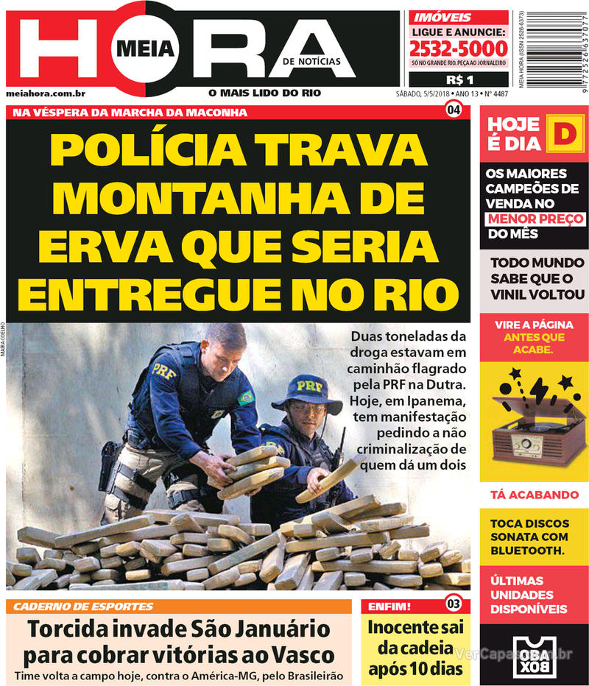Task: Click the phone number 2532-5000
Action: pyautogui.click(x=459, y=49)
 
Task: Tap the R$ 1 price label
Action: pyautogui.click(x=459, y=79)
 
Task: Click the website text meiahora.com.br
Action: pyautogui.click(x=46, y=93)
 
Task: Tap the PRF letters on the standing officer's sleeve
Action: pyautogui.click(x=163, y=370)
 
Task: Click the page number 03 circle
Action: pyautogui.click(x=454, y=605)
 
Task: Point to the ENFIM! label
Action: pyautogui.click(x=391, y=607)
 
